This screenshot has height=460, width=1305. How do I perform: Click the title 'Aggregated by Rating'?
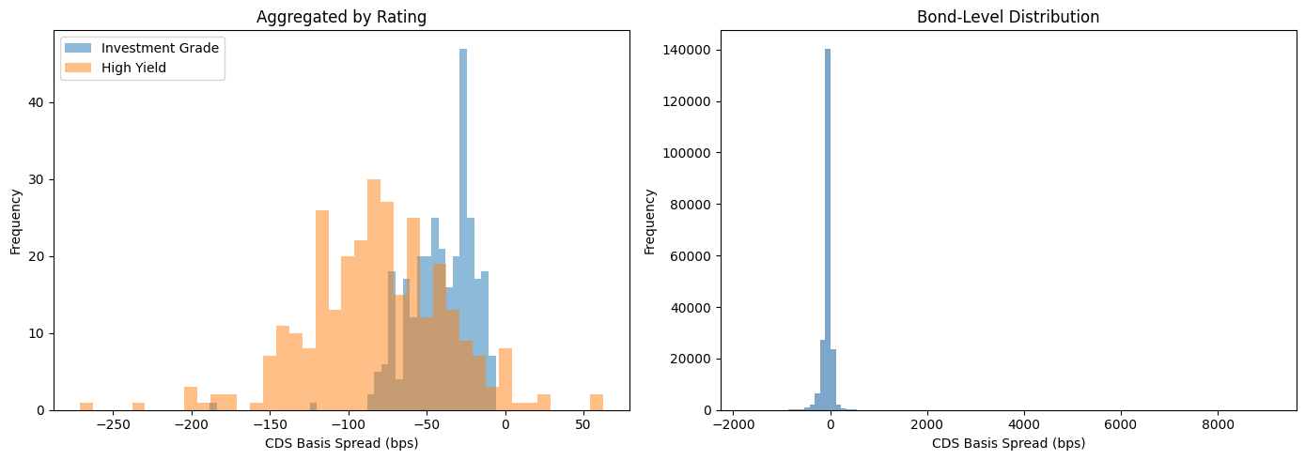341,17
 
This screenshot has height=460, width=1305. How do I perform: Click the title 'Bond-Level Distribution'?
1008,17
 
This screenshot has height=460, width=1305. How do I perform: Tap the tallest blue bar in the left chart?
463,229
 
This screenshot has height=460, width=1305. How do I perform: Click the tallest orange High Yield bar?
374,295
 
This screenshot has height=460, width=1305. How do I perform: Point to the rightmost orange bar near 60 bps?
597,403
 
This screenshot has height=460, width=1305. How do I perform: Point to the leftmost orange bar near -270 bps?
86,406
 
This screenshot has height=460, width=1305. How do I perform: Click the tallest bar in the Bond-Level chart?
828,229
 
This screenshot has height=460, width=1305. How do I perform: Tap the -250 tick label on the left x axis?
113,424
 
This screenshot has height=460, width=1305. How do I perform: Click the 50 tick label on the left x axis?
583,424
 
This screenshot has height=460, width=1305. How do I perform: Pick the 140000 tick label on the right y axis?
687,50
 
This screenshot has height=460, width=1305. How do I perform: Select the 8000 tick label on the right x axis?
1218,424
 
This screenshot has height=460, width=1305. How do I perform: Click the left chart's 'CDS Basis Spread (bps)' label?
341,444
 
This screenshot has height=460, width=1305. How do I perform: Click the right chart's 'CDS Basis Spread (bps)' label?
1008,444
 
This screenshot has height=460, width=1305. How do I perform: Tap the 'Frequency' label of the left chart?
16,222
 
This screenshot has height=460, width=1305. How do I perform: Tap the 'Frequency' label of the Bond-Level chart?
649,222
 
